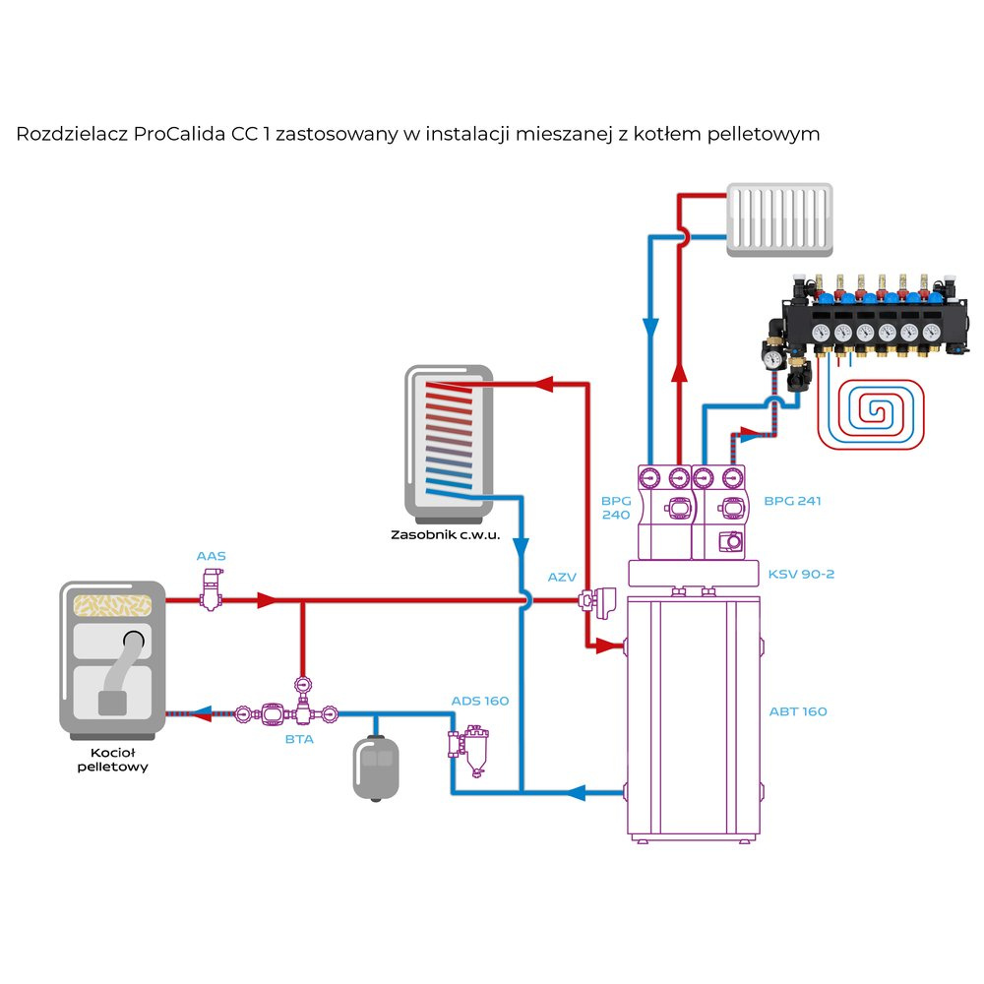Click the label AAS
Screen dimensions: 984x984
211,556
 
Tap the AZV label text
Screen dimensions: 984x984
562,577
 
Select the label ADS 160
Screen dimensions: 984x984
480,701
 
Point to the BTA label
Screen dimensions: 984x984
299,739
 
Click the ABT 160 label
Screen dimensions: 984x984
798,710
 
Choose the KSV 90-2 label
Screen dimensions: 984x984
801,574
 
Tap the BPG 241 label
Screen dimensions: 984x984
792,501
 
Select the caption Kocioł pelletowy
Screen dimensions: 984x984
112,760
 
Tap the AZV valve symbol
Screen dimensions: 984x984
596,599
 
